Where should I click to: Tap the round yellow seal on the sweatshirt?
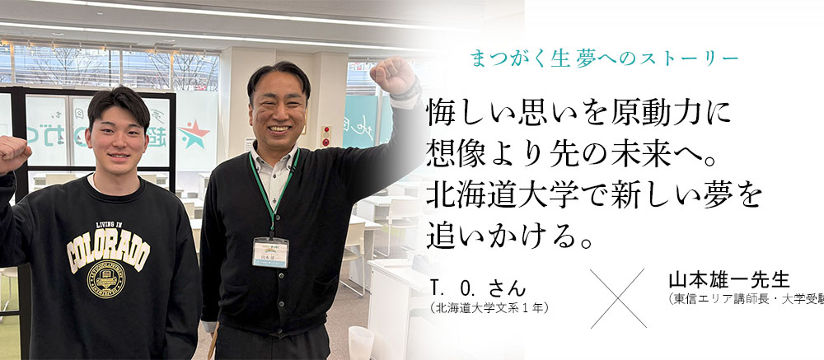point(106,282)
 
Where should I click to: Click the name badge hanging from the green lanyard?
point(270,252)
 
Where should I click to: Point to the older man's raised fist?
point(391,73)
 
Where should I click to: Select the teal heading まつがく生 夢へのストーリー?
point(603,58)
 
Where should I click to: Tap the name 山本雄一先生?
point(723,280)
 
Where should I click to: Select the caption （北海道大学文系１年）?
point(489,308)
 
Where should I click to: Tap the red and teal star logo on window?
point(194,134)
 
